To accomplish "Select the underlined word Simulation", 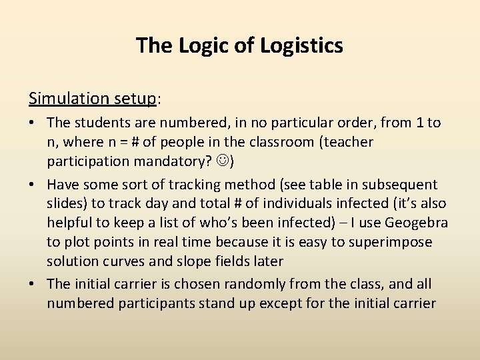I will [68, 99].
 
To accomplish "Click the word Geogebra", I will [417, 223].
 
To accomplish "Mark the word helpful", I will [74, 223].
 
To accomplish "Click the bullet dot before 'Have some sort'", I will [33, 185].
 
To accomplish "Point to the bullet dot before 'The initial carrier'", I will [33, 284].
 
